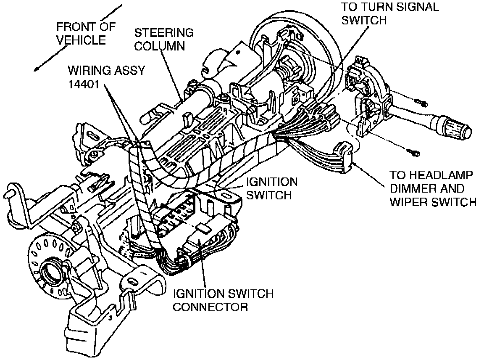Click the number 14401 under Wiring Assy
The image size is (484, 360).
84,85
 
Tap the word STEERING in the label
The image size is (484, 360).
164,32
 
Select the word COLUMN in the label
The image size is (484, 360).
160,46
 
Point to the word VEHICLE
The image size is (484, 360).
81,40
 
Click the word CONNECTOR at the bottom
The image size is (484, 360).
210,307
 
